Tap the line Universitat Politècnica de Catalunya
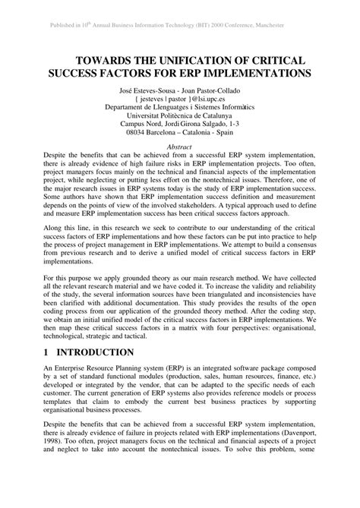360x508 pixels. pyautogui.click(x=179, y=118)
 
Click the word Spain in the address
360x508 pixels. pyautogui.click(x=230, y=136)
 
